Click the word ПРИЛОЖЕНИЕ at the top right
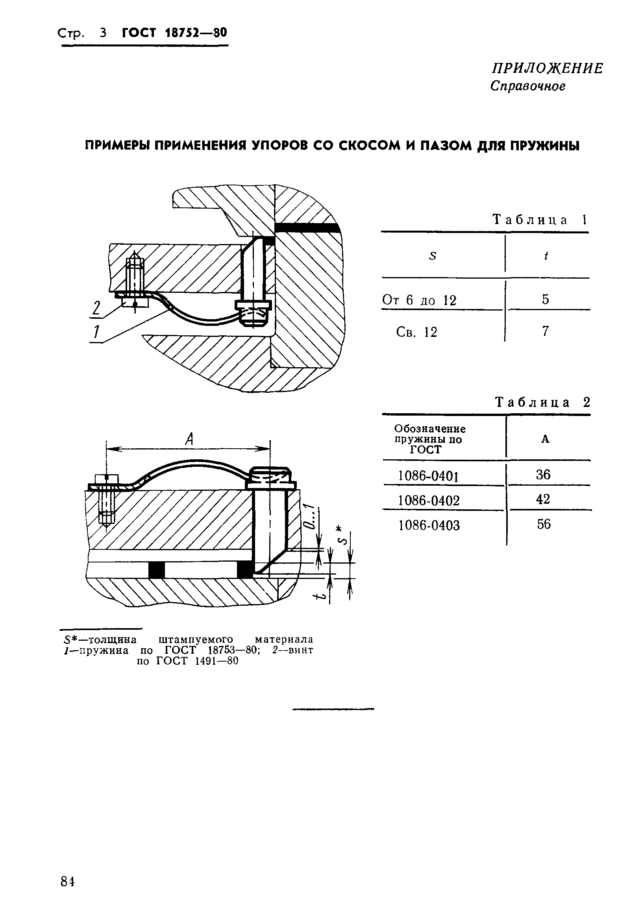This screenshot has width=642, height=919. [x=547, y=69]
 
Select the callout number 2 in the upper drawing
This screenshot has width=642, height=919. [x=96, y=309]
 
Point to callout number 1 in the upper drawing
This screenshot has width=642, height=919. [x=96, y=332]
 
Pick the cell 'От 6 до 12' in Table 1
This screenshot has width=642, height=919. [x=419, y=300]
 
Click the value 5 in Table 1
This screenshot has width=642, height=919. [x=545, y=300]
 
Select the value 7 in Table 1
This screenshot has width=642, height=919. [x=545, y=331]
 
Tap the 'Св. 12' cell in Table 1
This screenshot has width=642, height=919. [x=416, y=332]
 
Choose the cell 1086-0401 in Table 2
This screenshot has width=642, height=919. [x=428, y=476]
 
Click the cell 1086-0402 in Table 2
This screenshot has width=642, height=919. [x=429, y=500]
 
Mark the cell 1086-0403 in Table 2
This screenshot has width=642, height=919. [x=429, y=525]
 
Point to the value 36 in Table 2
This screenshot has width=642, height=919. [x=543, y=475]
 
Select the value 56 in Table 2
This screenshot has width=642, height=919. [x=544, y=524]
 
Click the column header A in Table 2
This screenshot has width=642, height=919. [x=545, y=440]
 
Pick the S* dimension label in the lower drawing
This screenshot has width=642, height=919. [x=341, y=536]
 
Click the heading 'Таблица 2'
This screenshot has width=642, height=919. [x=542, y=402]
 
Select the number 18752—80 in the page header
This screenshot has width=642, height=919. [x=196, y=33]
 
